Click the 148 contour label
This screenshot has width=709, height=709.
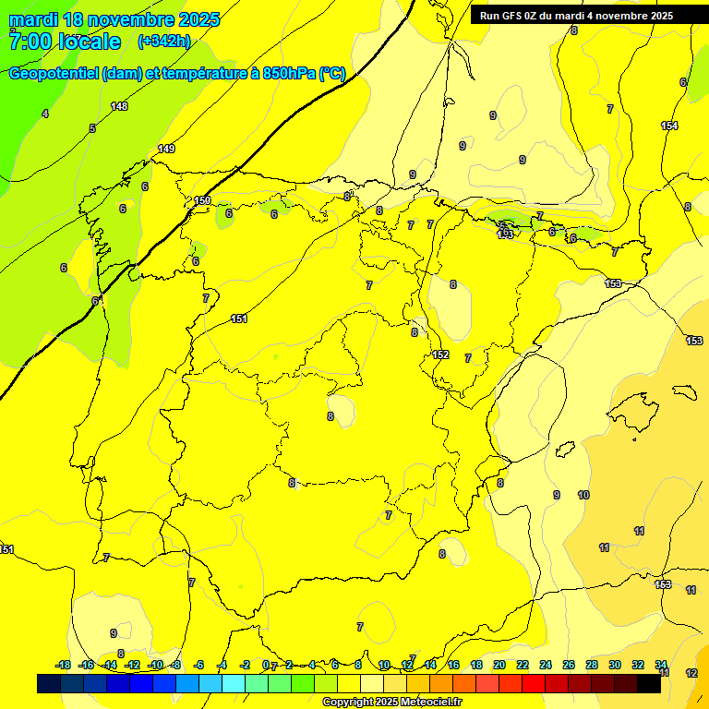119,106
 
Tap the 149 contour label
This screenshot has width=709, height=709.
166,149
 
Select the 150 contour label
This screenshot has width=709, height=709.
202,200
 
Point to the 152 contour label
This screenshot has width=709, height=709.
440,355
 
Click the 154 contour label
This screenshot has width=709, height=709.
669,126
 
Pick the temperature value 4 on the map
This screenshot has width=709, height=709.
44,114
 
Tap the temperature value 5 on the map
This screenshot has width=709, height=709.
92,128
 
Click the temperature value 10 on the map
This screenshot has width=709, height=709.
583,496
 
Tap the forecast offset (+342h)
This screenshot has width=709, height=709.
163,42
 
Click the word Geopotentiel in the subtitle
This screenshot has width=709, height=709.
53,74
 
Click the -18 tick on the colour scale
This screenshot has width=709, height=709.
63,665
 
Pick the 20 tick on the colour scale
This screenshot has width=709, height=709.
499,665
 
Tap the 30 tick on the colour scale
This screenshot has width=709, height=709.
614,665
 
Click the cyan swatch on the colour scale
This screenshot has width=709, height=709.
233,683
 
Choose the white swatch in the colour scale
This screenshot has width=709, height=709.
371,683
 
